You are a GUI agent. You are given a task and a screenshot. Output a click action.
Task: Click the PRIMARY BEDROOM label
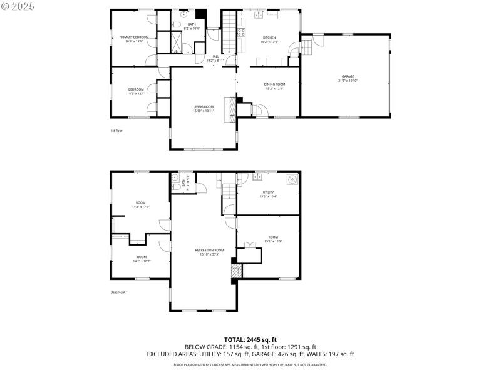(134, 37)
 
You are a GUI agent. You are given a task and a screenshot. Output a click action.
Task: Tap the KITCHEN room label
(269, 37)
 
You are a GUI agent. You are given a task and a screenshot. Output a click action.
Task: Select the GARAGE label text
(346, 77)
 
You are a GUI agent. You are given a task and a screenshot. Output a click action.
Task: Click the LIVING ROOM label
(204, 107)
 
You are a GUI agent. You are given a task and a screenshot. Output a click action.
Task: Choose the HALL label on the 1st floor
(215, 57)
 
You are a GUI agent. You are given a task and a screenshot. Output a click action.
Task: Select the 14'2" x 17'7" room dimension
(141, 207)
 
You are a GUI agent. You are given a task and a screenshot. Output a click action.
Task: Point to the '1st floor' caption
(116, 131)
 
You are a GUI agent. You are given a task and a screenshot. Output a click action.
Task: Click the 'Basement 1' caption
(118, 292)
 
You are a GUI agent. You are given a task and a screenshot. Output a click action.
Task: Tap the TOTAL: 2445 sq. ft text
(250, 339)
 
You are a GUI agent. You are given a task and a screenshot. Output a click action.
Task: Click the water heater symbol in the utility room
(291, 180)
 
